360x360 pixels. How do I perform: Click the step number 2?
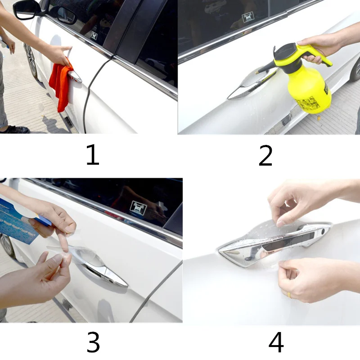pos(265,155)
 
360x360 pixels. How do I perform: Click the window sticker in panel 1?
pos(94,35)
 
